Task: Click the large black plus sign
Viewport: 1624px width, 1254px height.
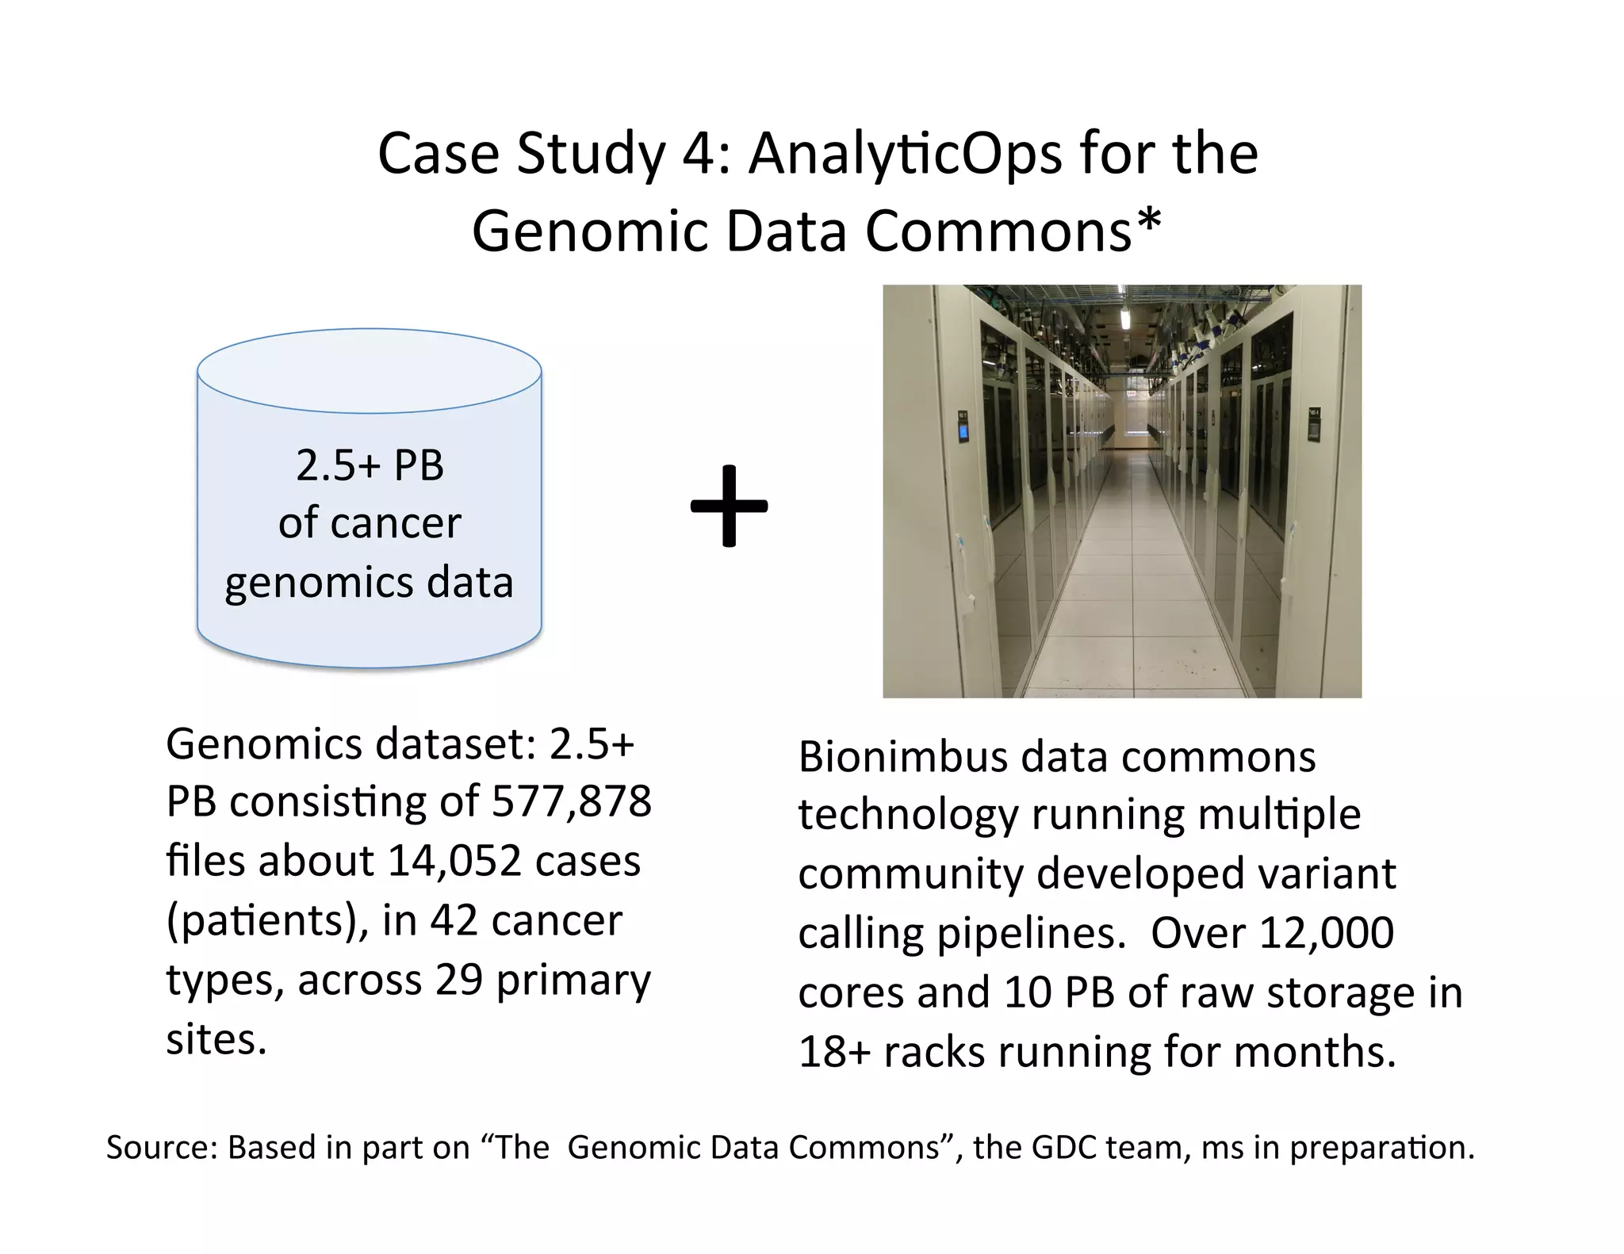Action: (x=729, y=507)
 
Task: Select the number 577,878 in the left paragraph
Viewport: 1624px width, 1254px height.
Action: (x=572, y=801)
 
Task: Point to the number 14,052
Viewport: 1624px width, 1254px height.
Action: (x=454, y=861)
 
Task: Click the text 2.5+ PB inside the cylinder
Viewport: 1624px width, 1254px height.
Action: (x=370, y=465)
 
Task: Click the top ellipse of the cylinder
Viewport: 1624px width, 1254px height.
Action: (x=370, y=370)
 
